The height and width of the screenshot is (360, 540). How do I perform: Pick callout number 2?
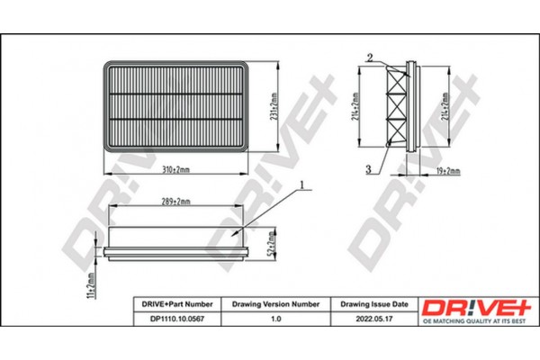tap(369, 58)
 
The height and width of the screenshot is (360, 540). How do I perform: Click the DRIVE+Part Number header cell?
tap(174, 304)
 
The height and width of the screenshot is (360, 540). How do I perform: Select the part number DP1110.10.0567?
tap(174, 319)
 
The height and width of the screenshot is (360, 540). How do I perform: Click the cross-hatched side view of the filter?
tap(396, 107)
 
